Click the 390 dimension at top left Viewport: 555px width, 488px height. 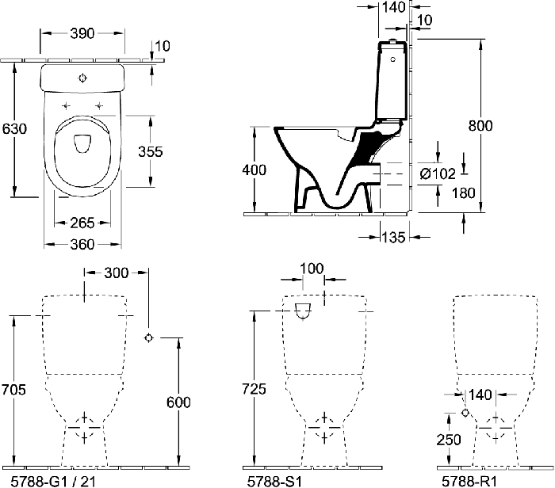82,33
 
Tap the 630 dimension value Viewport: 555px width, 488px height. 14,128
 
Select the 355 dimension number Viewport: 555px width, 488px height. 151,151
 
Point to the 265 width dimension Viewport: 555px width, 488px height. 82,223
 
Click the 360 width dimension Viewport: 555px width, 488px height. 82,244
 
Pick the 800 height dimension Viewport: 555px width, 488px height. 480,126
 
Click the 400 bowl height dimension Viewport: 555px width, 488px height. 255,170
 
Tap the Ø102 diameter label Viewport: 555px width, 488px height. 438,173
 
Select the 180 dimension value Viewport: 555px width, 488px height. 463,193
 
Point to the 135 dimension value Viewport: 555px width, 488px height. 393,238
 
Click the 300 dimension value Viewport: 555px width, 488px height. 116,273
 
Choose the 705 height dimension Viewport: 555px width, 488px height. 13,390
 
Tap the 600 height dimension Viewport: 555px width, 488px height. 178,402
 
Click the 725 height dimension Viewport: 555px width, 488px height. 254,389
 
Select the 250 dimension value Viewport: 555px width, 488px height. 449,440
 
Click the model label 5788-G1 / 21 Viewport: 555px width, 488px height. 53,482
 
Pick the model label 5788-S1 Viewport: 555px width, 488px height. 274,482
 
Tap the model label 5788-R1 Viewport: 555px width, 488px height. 469,482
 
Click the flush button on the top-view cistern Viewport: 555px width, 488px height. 82,78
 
